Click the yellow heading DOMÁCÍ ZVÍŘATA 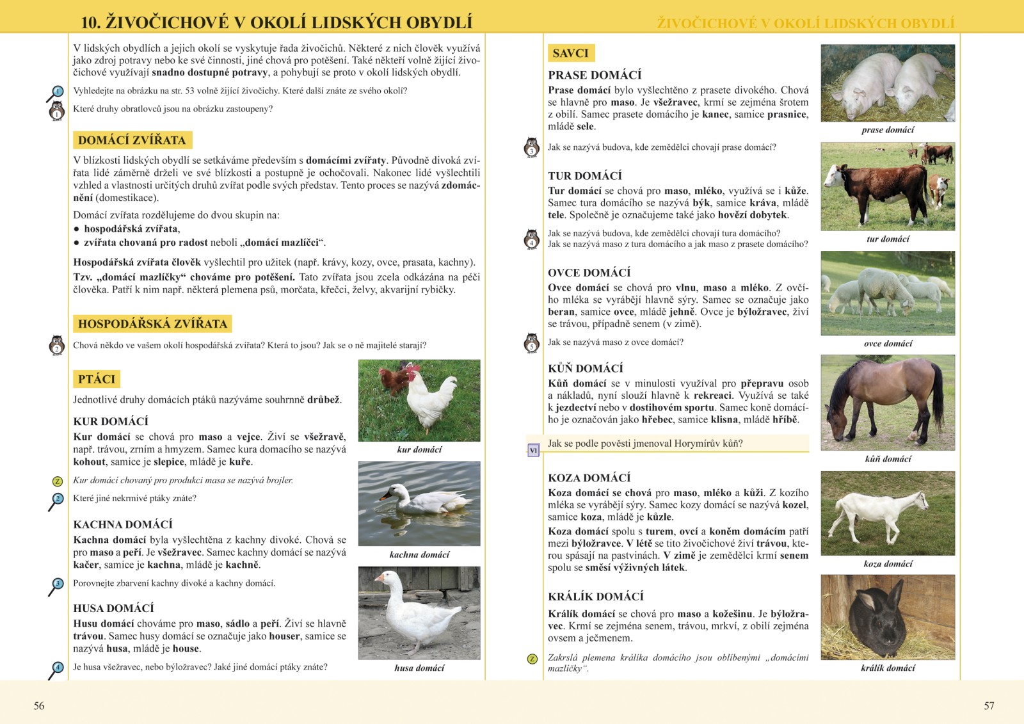[132, 140]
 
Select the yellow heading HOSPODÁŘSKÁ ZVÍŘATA [152, 324]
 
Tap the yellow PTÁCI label [97, 379]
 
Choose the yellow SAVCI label [570, 53]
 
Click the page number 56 [39, 705]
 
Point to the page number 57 [989, 705]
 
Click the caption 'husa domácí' [419, 668]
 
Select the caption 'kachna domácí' [419, 554]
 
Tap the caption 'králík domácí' [888, 668]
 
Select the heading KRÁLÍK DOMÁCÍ [596, 597]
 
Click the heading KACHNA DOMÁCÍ [123, 524]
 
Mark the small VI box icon [533, 451]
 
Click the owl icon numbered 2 [56, 345]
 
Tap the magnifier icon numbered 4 [57, 668]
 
